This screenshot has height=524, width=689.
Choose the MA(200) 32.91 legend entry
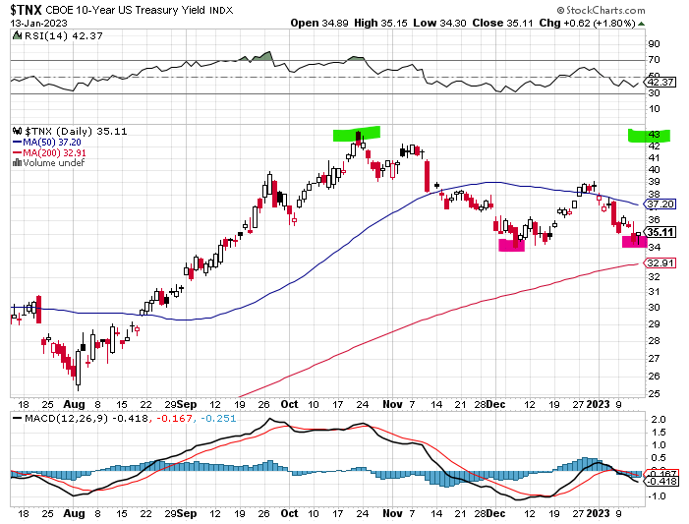pyautogui.click(x=51, y=151)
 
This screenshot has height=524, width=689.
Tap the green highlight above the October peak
pyautogui.click(x=355, y=135)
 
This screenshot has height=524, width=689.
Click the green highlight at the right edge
pyautogui.click(x=650, y=135)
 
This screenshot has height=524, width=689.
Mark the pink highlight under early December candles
pyautogui.click(x=512, y=244)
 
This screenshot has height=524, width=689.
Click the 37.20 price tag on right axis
pyautogui.click(x=663, y=204)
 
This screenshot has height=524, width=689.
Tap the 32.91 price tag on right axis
pyautogui.click(x=663, y=262)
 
